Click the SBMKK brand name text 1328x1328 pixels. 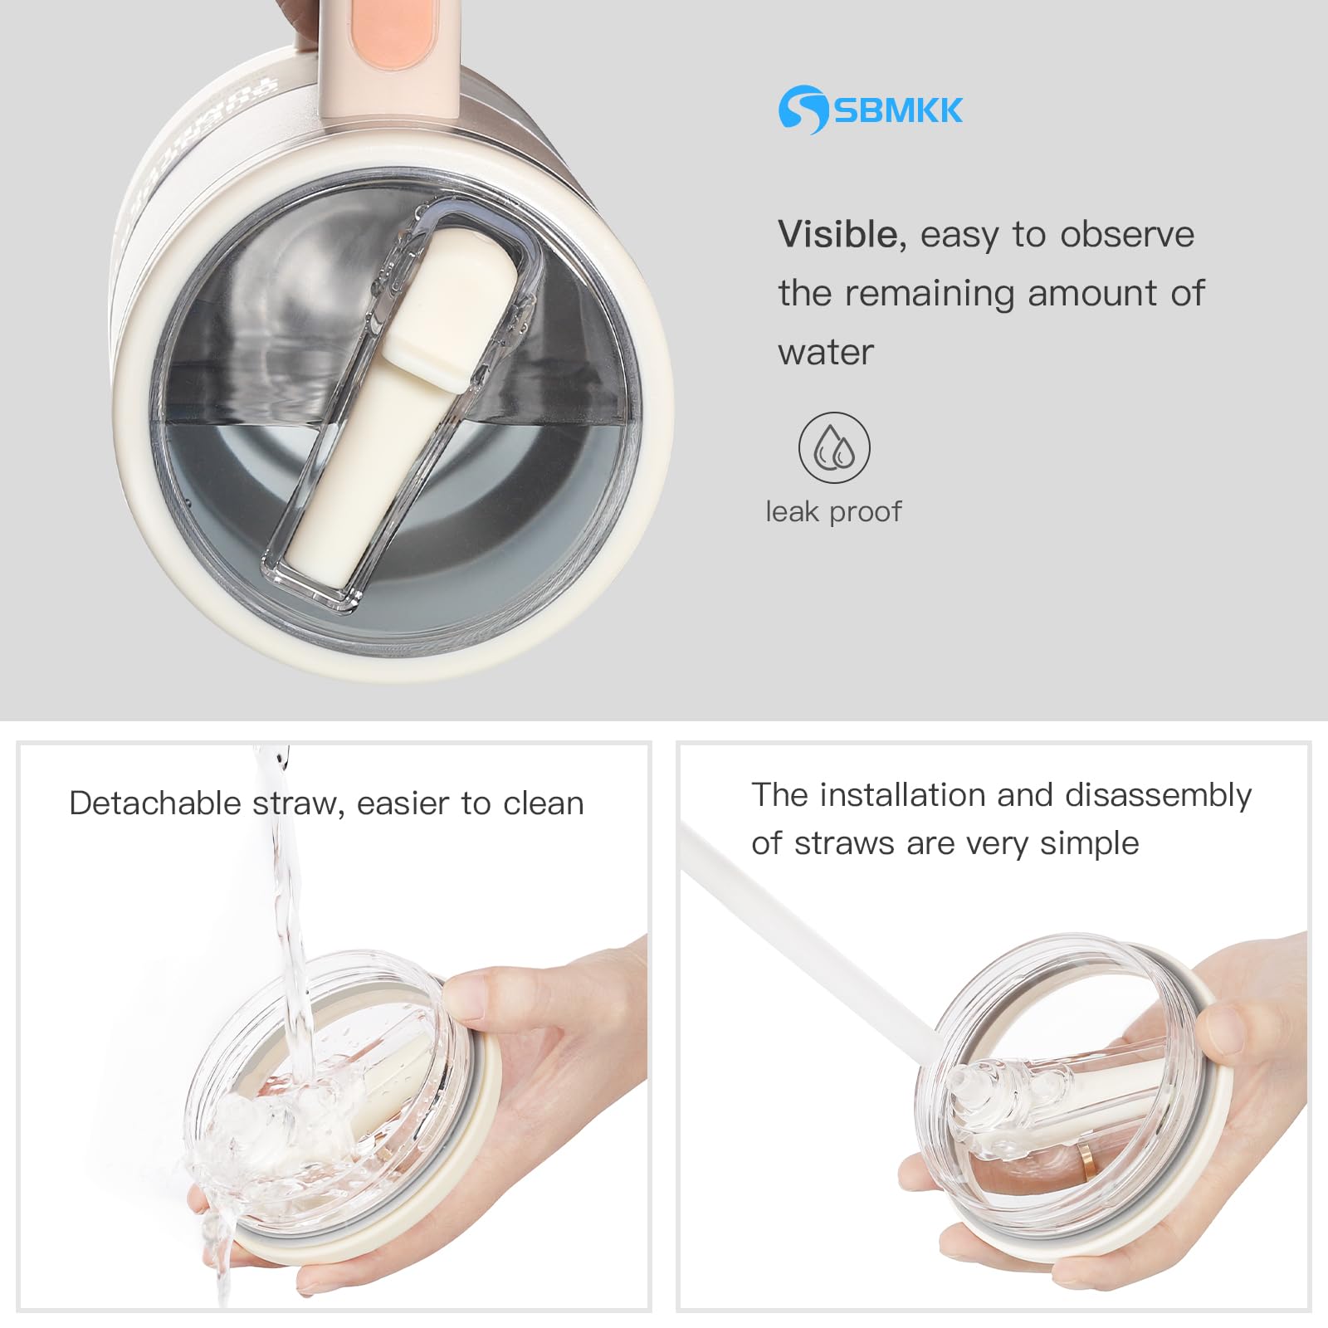click(898, 110)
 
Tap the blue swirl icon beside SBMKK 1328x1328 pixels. click(803, 109)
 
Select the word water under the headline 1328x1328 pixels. click(826, 353)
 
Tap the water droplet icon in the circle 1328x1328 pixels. click(835, 448)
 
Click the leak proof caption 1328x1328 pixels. click(833, 511)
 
